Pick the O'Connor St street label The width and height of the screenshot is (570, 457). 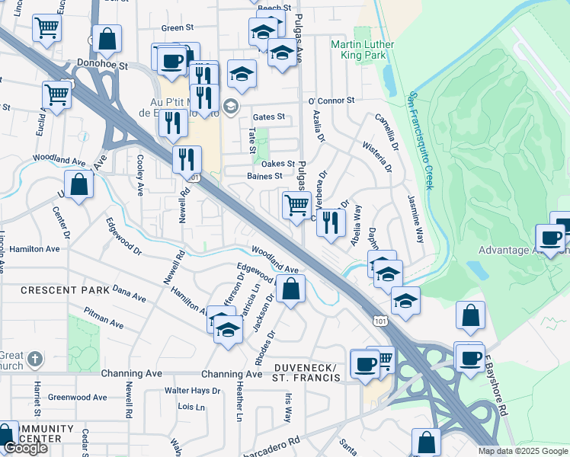[331, 100]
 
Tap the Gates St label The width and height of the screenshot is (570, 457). [268, 117]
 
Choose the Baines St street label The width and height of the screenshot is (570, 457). [264, 175]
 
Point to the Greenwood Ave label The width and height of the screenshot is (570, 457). [77, 398]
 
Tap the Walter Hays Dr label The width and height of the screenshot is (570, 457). [192, 391]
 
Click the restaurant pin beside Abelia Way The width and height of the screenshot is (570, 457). [330, 222]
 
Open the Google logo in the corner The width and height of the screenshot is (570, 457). [24, 448]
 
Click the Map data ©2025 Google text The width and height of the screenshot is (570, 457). [523, 451]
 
